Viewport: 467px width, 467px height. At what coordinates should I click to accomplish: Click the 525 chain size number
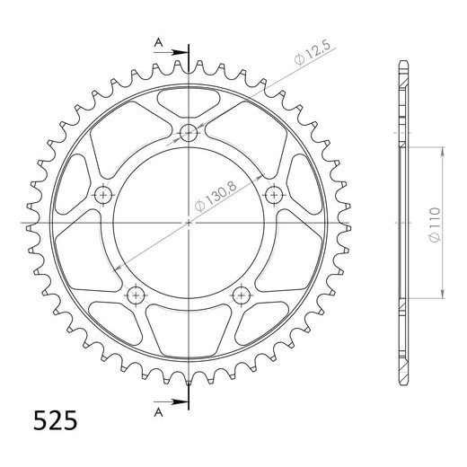(x=55, y=420)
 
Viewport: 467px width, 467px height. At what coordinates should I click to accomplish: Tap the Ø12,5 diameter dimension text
(x=313, y=53)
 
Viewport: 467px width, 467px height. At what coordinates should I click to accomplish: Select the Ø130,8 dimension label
(x=216, y=197)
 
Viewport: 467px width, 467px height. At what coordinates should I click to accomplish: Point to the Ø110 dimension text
(x=435, y=225)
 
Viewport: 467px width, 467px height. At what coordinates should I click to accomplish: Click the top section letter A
(x=158, y=43)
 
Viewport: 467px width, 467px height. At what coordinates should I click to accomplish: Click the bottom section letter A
(x=158, y=413)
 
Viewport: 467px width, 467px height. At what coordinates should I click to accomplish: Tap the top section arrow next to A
(x=171, y=52)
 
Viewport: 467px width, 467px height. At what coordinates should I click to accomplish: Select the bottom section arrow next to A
(x=171, y=401)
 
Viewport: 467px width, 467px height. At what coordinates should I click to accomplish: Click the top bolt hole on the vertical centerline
(x=189, y=132)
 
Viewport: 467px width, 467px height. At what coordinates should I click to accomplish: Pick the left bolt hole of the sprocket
(x=103, y=195)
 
